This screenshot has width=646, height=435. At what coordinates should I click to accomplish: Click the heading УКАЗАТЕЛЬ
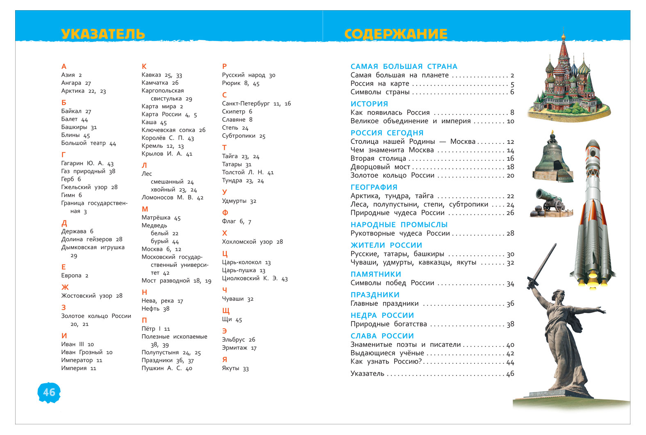pos(103,34)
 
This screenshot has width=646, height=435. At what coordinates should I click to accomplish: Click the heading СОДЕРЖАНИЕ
pos(396,34)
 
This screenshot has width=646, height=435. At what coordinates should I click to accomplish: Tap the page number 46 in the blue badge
pos(49,392)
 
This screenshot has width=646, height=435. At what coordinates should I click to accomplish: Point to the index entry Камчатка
pos(155,83)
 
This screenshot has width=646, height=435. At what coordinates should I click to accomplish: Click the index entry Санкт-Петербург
pos(246,103)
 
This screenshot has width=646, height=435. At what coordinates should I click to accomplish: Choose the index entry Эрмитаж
pos(235,348)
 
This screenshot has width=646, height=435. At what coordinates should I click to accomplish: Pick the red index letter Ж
pos(65,287)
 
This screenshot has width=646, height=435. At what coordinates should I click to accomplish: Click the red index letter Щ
pos(226,311)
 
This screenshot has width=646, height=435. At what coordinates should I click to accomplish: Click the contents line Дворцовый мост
pos(380,167)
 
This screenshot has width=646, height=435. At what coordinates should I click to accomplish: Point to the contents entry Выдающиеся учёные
pos(387,353)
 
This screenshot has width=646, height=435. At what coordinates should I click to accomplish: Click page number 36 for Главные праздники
pos(510,304)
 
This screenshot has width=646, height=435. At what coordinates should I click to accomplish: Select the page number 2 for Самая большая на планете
pos(512,75)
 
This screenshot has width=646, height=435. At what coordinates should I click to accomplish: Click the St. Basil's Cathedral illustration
pos(568,82)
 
